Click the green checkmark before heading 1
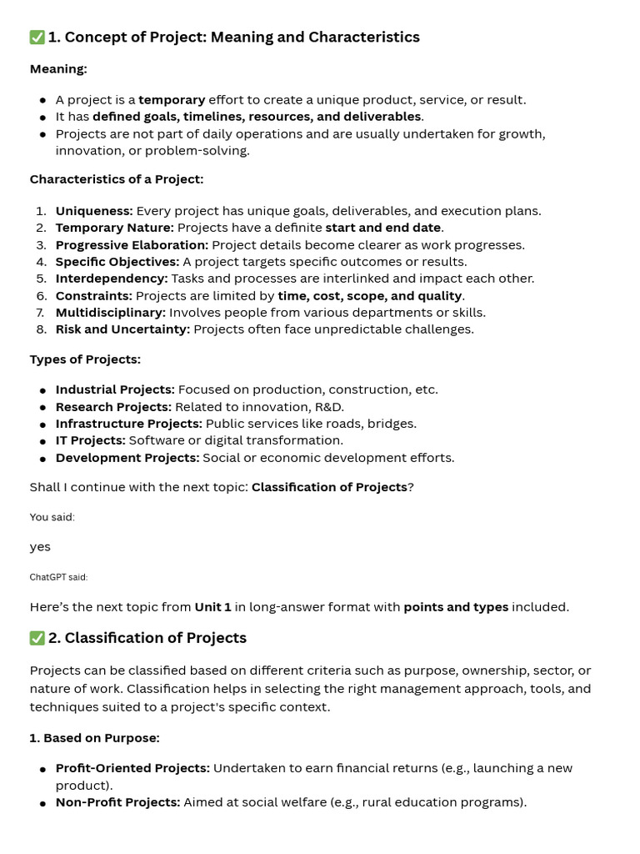pos(37,38)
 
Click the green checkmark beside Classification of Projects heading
pos(37,638)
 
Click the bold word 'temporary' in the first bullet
pos(172,100)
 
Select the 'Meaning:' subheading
pos(58,68)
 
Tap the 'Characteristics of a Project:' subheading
pos(117,179)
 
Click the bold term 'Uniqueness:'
pos(94,211)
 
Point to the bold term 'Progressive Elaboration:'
pos(132,245)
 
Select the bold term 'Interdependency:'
pos(112,279)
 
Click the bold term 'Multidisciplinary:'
pos(111,313)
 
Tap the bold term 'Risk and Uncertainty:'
pos(122,329)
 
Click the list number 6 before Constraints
pos(42,296)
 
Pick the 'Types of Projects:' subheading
pos(85,359)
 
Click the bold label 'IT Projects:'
pos(91,440)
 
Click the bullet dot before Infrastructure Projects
pos(42,424)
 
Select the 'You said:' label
pos(52,517)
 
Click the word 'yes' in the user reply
pos(40,547)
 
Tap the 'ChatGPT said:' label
pos(58,577)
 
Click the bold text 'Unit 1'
pos(212,607)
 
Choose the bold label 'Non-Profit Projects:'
pos(117,802)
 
